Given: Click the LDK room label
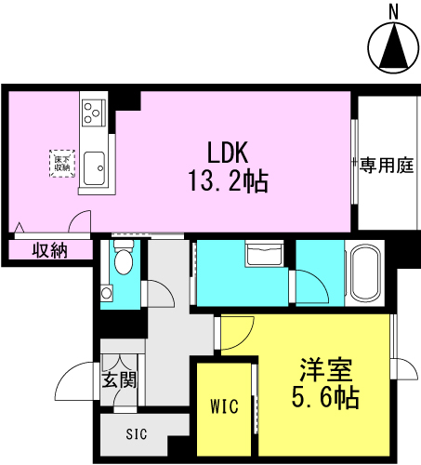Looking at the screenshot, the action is tap(228, 153).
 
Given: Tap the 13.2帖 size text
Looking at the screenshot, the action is tap(229, 181).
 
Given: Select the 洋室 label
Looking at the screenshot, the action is tap(326, 369).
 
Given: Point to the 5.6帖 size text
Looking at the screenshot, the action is tap(325, 397).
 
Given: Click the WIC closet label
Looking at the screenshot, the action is tap(224, 406).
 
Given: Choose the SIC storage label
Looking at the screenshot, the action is tap(137, 434).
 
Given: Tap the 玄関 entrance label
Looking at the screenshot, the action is tap(119, 379).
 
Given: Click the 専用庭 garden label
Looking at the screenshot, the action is tap(387, 165).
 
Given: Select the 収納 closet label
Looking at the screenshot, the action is tap(50, 250).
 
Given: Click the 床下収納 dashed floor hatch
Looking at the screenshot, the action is tap(62, 164).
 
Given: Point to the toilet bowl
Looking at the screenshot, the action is tap(124, 261).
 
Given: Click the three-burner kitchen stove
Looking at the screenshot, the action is tap(93, 113).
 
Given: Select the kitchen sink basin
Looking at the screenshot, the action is tap(94, 168).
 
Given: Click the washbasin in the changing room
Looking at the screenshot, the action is tap(264, 254).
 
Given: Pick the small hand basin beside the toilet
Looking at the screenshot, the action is tap(106, 293).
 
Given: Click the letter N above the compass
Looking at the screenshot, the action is tap(393, 12).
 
